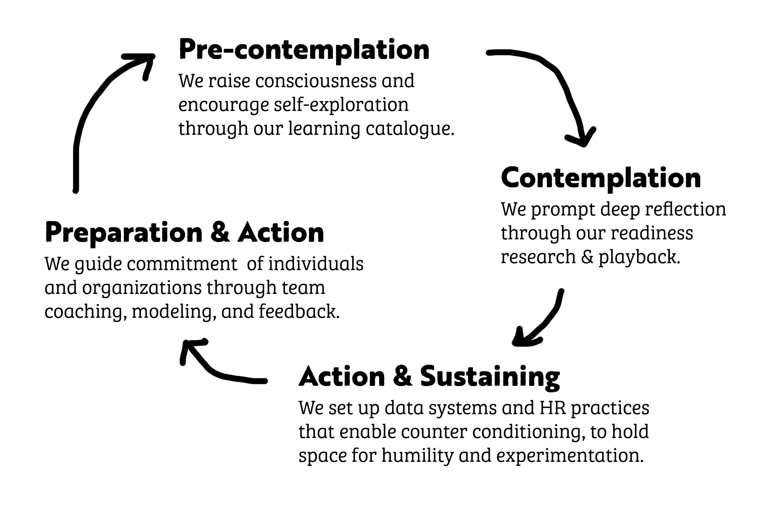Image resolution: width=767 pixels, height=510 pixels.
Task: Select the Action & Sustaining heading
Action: pos(429,377)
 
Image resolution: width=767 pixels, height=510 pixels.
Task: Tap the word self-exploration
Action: pos(341,105)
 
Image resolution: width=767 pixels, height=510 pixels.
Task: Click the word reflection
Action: pos(686,209)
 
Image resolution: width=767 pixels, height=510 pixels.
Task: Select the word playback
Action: pos(639,257)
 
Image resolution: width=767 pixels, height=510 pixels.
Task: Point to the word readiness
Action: pos(652,233)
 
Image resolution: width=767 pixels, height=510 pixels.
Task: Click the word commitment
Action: pos(182,264)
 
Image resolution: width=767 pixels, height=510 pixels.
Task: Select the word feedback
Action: pos(299,311)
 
